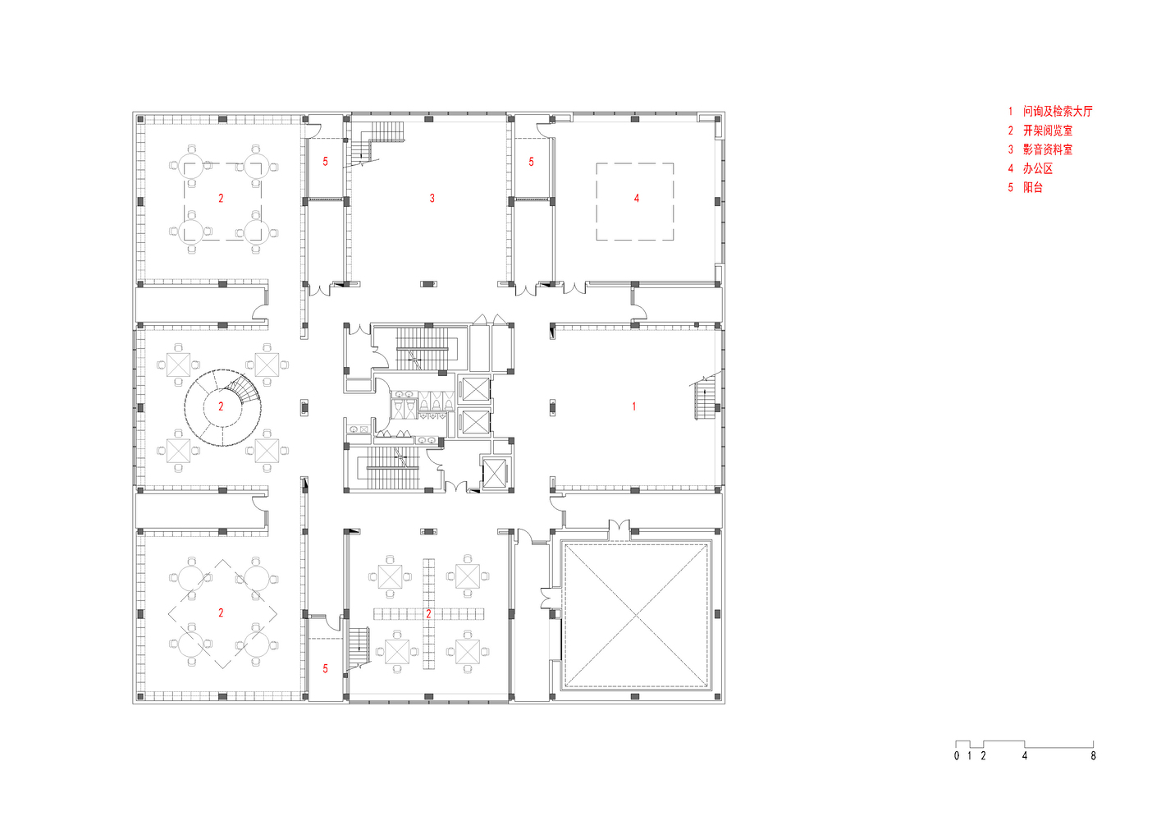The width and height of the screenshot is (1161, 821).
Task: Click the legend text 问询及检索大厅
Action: [1058, 111]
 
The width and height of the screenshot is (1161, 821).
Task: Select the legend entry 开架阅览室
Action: [1048, 131]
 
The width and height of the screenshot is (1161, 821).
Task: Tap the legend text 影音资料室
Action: [1048, 149]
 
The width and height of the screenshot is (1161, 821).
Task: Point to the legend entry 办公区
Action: [1038, 168]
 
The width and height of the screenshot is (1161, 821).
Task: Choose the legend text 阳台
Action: [1032, 187]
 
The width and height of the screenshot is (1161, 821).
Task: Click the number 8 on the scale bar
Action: [1093, 755]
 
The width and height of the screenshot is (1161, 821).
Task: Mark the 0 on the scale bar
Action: [957, 755]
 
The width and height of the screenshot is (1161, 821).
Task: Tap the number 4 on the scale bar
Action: [1025, 755]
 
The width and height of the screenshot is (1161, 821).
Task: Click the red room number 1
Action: [634, 406]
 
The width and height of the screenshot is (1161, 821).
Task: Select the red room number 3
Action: [432, 198]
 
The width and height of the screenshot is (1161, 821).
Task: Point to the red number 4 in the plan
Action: [637, 198]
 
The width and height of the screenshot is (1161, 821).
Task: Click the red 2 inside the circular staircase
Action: [221, 406]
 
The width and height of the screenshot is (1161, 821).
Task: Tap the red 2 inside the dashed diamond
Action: [221, 613]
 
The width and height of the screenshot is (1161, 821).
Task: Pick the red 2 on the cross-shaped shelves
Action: [428, 614]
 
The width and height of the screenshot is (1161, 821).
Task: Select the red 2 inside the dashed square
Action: [221, 198]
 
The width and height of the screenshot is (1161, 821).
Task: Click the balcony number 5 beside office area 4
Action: [531, 162]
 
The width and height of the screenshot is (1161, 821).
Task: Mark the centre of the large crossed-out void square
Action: [636, 615]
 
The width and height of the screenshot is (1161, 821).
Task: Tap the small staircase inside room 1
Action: [704, 397]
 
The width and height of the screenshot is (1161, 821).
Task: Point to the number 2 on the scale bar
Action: [983, 755]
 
